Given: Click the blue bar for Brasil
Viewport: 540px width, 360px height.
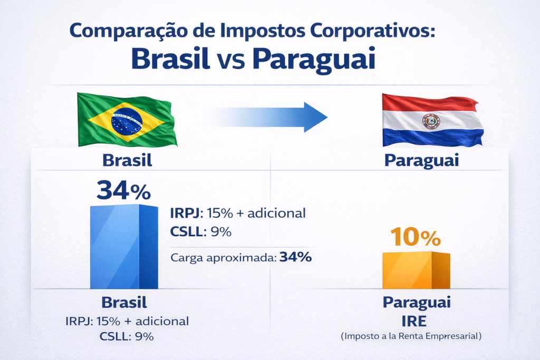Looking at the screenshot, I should click(x=124, y=247).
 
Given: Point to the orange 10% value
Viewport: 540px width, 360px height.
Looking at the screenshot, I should click(x=416, y=238).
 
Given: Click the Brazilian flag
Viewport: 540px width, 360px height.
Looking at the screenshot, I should click(x=127, y=119).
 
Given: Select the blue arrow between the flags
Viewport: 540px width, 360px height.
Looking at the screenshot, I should click(x=269, y=116).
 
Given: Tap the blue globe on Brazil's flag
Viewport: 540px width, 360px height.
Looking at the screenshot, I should click(x=127, y=120).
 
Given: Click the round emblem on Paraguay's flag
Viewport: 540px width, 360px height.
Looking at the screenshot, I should click(x=431, y=122).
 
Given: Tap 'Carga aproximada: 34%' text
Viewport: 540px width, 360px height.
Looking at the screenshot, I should click(x=241, y=258).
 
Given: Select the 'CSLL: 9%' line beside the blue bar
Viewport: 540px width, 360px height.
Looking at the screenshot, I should click(x=200, y=231).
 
